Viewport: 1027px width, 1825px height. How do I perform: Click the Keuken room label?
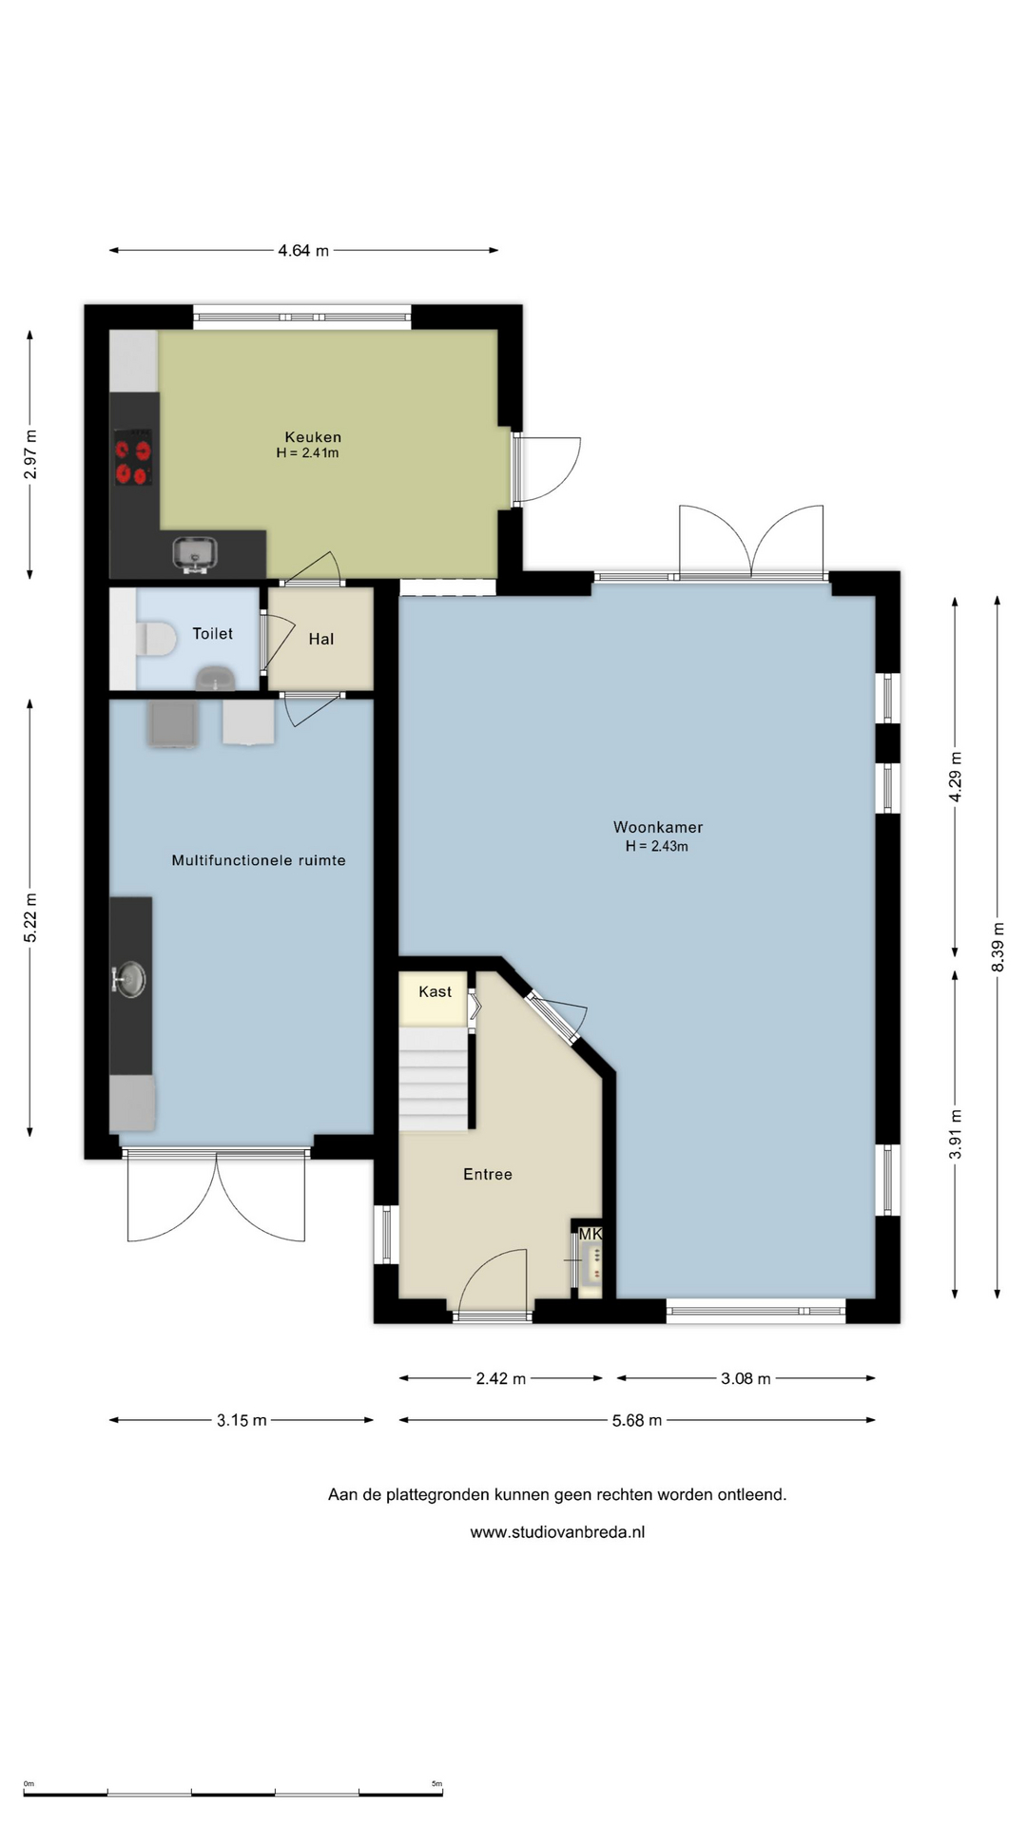coord(313,437)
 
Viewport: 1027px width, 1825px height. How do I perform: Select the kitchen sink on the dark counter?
coord(195,554)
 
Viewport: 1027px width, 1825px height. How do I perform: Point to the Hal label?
coord(321,639)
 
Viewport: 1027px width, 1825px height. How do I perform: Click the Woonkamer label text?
coord(658,827)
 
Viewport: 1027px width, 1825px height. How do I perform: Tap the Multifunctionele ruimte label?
coord(259,860)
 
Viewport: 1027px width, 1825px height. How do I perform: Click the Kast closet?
coord(434,998)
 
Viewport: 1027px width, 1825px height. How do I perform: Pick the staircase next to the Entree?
coord(434,1079)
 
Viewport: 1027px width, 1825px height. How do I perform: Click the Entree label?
coord(488,1174)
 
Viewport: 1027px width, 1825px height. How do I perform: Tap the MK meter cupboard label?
coord(591,1234)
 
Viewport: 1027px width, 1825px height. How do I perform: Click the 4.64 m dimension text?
coord(303,251)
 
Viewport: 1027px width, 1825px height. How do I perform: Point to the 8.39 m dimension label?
coord(998,947)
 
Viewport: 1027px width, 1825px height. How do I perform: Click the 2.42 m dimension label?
coord(501,1378)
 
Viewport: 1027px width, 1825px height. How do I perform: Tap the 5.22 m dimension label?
coord(30,918)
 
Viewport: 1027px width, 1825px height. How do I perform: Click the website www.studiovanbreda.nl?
coord(557,1532)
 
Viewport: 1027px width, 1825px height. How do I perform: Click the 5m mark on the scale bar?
coord(437,1784)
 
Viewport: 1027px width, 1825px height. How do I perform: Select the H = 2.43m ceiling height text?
coord(657,846)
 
